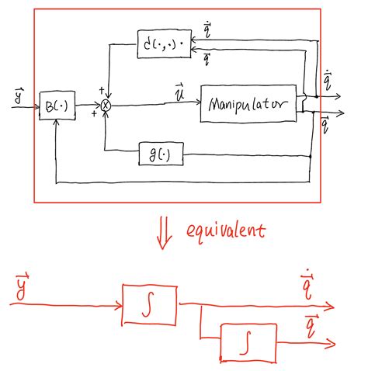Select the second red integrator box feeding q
click(246, 342)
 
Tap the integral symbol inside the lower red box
click(246, 342)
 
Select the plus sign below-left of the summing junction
click(95, 114)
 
